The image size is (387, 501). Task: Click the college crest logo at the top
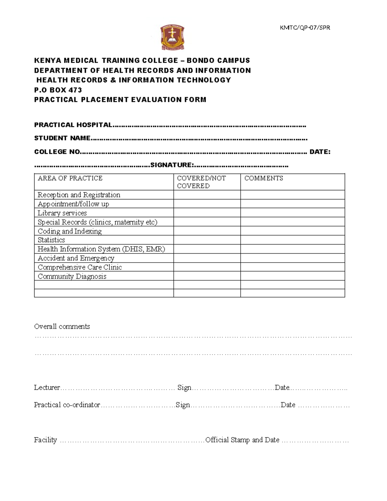[x=172, y=38]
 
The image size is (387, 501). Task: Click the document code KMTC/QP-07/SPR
[x=305, y=28]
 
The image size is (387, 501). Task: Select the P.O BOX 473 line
[x=58, y=90]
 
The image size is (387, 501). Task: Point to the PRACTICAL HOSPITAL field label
[x=73, y=125]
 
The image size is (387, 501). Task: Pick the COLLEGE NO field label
[x=57, y=152]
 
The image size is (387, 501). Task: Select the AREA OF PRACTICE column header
[x=70, y=178]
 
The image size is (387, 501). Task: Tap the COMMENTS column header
[x=263, y=178]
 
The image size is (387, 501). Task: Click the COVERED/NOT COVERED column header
[x=201, y=182]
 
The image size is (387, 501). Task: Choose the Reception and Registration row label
[x=79, y=195]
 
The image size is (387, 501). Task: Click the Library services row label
[x=62, y=213]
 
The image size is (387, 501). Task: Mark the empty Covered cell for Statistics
[x=207, y=240]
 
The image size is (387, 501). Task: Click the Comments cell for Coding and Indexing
[x=292, y=231]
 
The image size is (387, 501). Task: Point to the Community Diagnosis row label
[x=72, y=276]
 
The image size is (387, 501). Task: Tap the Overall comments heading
[x=62, y=326]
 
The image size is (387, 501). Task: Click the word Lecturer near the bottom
[x=47, y=387]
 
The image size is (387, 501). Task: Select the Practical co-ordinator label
[x=67, y=405]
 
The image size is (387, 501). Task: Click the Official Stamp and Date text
[x=242, y=440]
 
